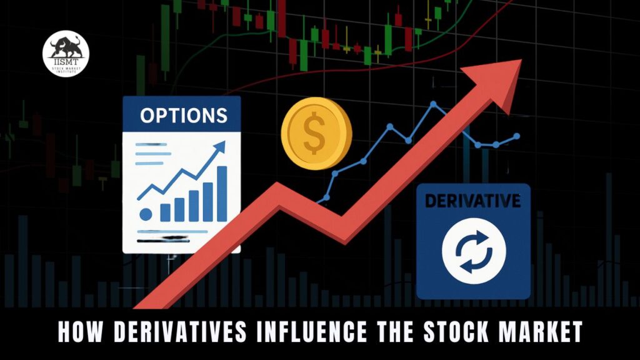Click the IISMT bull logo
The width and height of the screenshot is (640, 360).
click(66, 55)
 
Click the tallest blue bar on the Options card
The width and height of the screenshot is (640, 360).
click(221, 194)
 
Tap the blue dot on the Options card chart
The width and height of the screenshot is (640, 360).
click(146, 214)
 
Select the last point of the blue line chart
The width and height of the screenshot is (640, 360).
click(516, 136)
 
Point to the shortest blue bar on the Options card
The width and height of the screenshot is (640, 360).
click(166, 212)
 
